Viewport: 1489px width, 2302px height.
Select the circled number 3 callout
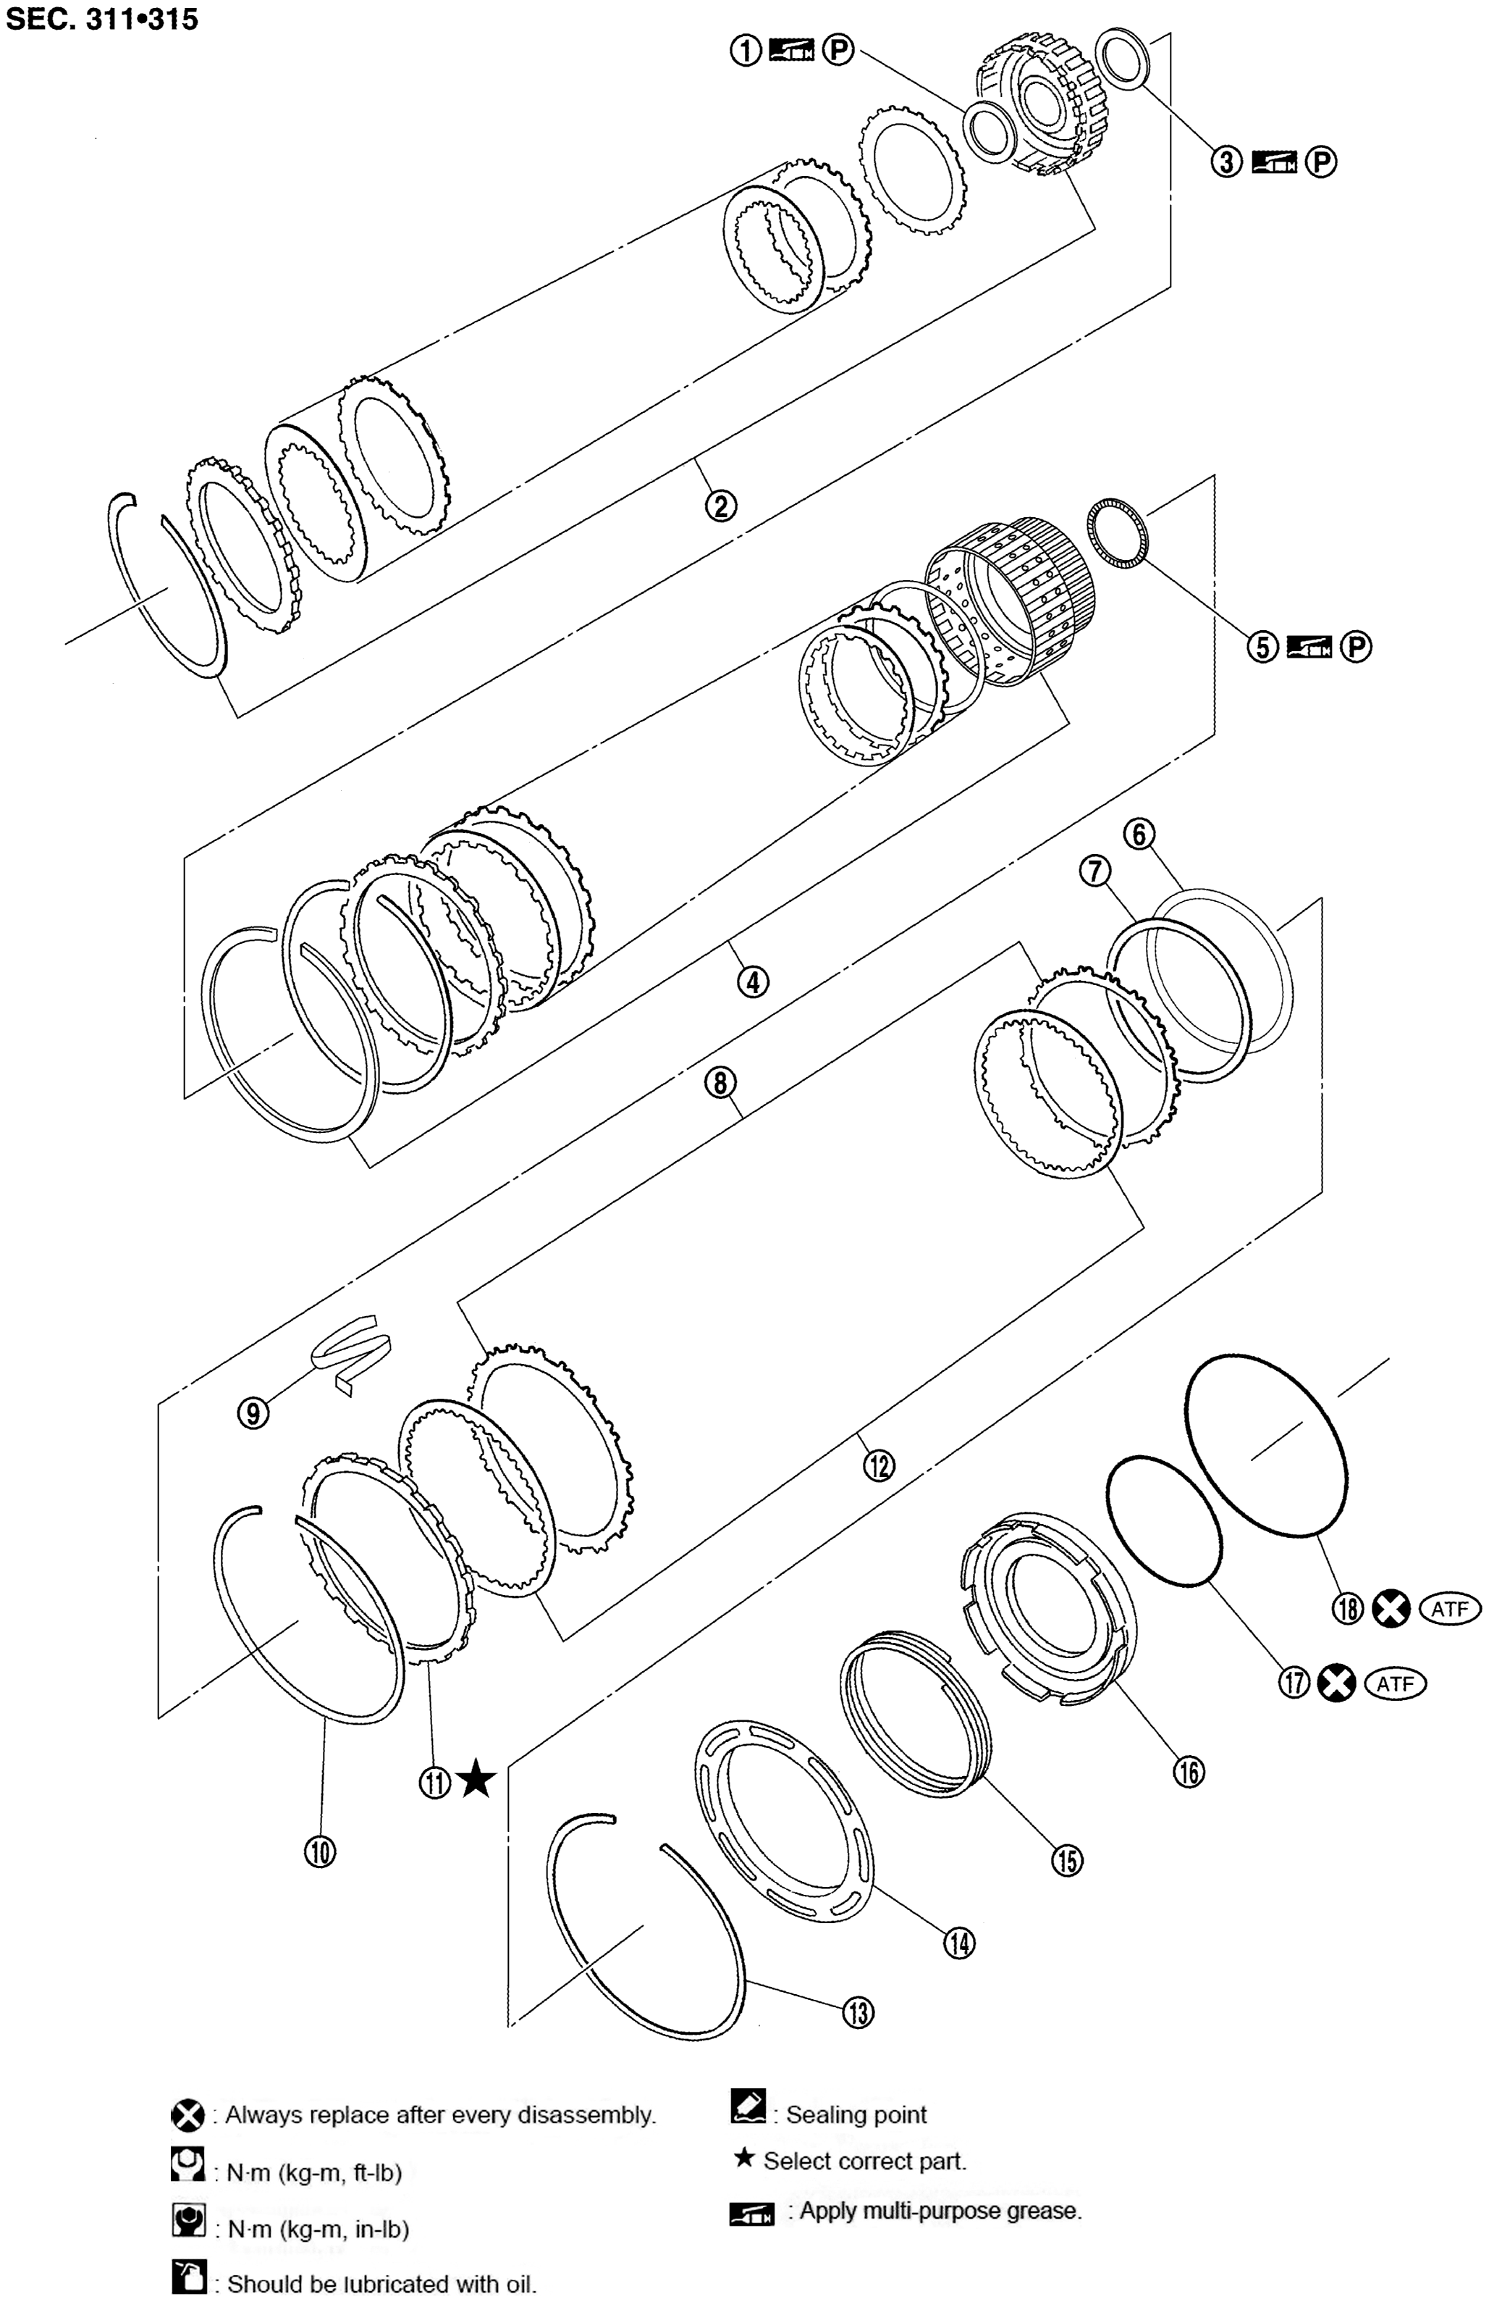[x=1226, y=162]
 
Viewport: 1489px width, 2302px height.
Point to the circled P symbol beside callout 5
[x=1357, y=646]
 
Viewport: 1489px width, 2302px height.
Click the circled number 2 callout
[x=721, y=505]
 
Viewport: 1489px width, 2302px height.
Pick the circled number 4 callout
[x=754, y=982]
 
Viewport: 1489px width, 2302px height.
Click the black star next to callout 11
[x=476, y=1778]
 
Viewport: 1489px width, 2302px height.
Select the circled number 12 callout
[x=879, y=1465]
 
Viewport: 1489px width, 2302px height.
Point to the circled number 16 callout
[x=1189, y=1771]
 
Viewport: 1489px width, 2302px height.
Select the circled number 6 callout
[x=1140, y=833]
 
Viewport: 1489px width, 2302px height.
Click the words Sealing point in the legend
[x=856, y=2115]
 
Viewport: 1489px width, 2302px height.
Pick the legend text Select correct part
[x=864, y=2161]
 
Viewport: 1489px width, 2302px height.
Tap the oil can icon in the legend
[x=188, y=2276]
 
